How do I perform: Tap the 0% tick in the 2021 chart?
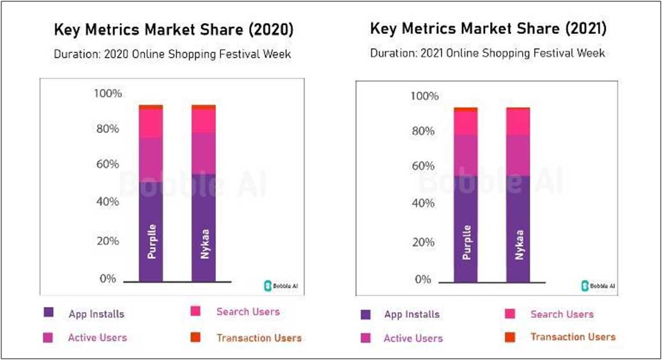pos(423,279)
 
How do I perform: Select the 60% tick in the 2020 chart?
pos(107,164)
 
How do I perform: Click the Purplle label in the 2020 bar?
pos(151,242)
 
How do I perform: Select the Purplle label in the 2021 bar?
pos(466,242)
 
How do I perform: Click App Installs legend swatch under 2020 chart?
pos(49,313)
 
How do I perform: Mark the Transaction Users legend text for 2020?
pos(259,338)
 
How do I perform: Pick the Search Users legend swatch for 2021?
pos(511,314)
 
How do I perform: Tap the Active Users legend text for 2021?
pos(413,338)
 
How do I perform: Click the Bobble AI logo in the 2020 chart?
pos(279,285)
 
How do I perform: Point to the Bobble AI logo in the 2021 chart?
pos(598,286)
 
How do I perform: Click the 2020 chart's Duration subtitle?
pos(172,54)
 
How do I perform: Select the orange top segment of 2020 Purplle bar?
pos(151,107)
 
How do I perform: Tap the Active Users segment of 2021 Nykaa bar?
pos(518,155)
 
